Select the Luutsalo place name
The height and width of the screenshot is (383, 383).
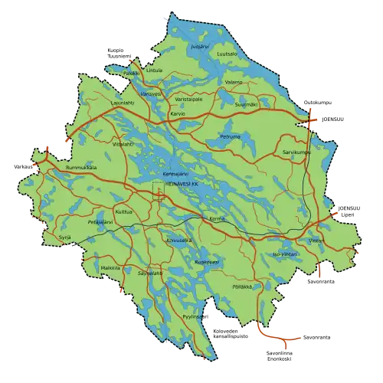click(227, 55)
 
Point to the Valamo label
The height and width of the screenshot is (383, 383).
click(234, 81)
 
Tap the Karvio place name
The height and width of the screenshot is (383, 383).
click(178, 113)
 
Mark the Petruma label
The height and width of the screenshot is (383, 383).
click(231, 136)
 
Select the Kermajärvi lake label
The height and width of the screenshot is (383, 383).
click(175, 175)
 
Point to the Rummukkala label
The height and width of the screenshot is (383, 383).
click(81, 168)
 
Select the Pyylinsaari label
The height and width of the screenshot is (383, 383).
click(192, 316)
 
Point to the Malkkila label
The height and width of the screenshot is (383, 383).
click(110, 267)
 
